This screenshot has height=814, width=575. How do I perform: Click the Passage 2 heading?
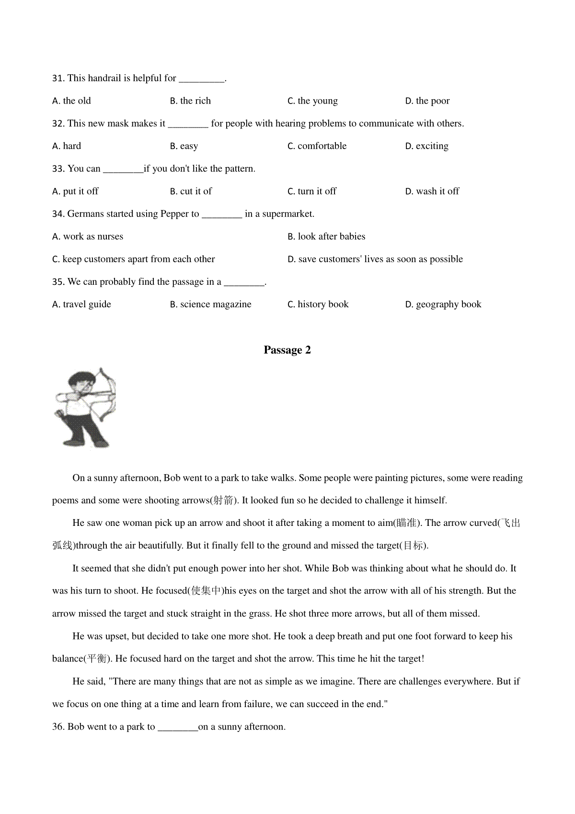click(287, 350)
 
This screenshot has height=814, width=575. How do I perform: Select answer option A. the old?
click(71, 101)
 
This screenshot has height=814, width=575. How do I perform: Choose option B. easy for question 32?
click(184, 146)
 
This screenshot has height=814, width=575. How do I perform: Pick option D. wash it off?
click(432, 191)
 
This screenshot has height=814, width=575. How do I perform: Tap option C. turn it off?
click(311, 191)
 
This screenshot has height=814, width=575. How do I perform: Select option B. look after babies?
click(326, 236)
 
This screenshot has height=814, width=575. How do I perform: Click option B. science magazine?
click(210, 304)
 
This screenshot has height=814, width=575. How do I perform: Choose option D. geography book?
click(443, 304)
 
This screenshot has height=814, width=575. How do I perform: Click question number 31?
click(58, 79)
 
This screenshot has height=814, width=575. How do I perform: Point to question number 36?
click(58, 727)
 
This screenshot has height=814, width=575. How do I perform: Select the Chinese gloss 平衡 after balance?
click(98, 659)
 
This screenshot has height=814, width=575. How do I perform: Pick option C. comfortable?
click(317, 146)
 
